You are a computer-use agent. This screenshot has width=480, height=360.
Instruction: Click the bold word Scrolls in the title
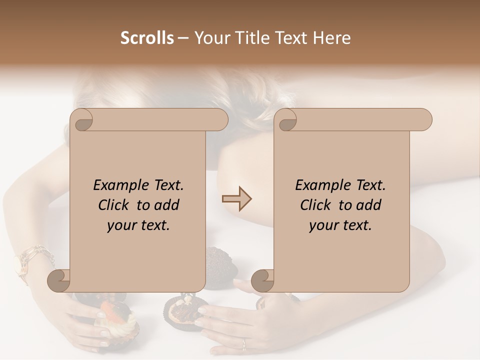[x=147, y=38]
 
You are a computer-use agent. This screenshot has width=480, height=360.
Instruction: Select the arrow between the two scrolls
[x=236, y=199]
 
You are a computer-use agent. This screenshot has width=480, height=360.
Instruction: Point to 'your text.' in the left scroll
[x=138, y=225]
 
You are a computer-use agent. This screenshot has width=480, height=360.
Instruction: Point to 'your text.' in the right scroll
[x=340, y=225]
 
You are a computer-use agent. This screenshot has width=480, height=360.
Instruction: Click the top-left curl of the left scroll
[x=81, y=120]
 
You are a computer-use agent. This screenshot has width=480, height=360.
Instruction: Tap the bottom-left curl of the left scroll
[x=59, y=281]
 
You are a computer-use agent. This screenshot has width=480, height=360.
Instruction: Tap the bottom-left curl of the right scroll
[x=262, y=281]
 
